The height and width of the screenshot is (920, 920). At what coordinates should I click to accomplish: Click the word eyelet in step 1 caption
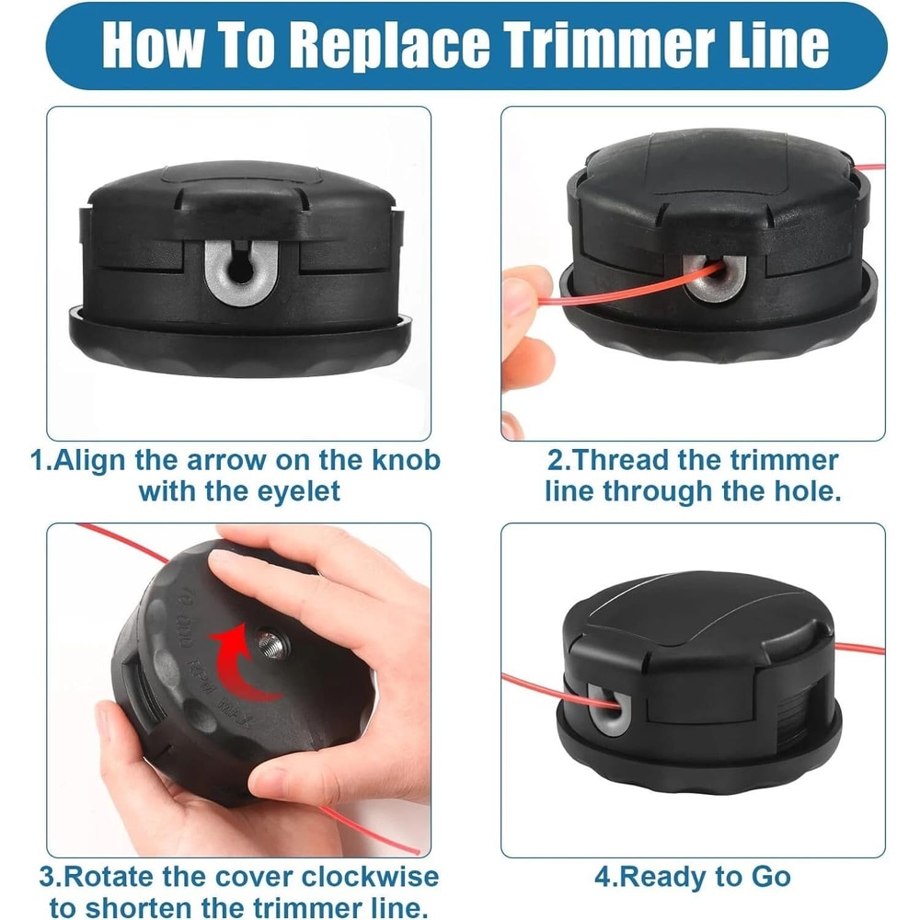[290, 489]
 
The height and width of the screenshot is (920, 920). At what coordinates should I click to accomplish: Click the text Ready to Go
[707, 876]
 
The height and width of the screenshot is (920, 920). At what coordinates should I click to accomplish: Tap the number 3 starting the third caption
[46, 876]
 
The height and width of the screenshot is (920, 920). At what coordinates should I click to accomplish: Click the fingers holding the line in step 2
[526, 304]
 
